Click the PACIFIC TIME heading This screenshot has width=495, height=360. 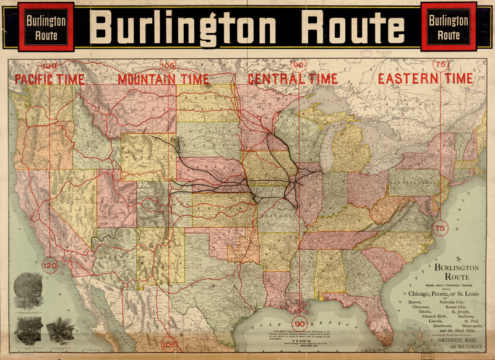(x=49, y=79)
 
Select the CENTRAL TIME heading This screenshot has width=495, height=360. (x=293, y=79)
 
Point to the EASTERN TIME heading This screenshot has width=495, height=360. (x=426, y=79)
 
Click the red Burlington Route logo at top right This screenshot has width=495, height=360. (x=449, y=27)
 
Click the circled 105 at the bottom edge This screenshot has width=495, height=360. (x=168, y=344)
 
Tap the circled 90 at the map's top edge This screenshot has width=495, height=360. (x=299, y=64)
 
